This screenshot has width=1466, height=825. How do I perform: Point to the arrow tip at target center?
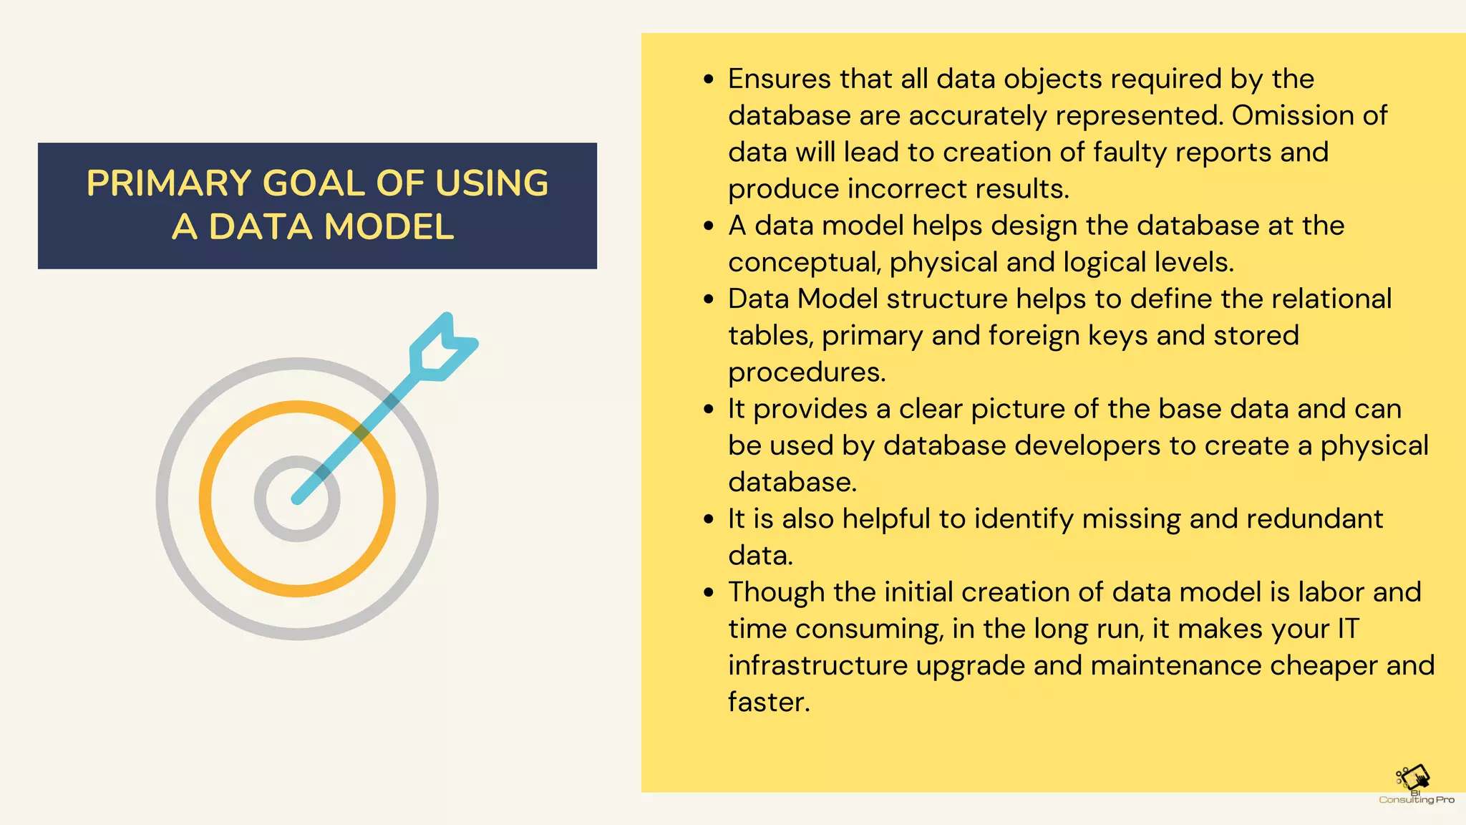tap(298, 498)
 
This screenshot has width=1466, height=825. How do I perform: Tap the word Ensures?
tap(779, 79)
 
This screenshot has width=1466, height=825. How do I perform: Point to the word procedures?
tap(806, 372)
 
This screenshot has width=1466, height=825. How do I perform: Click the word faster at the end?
tap(767, 702)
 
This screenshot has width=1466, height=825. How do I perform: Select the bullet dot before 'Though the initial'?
tap(709, 593)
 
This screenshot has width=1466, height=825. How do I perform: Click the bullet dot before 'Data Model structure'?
tap(709, 299)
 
